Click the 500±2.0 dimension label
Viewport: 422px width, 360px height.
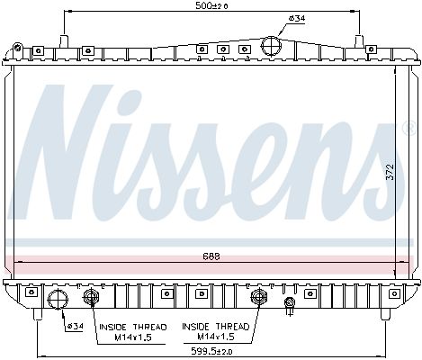211,5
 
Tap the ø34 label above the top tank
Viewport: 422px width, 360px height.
297,18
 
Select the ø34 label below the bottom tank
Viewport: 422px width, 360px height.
75,326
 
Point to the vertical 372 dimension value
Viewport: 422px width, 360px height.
390,172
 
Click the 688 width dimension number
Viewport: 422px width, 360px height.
211,256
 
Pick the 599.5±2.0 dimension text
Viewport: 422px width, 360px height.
211,351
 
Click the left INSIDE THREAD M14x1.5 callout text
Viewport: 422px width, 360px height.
133,332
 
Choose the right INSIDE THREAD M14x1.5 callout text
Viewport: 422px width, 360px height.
216,331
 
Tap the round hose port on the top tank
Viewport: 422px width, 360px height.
271,46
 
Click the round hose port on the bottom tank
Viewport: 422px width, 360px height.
58,299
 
